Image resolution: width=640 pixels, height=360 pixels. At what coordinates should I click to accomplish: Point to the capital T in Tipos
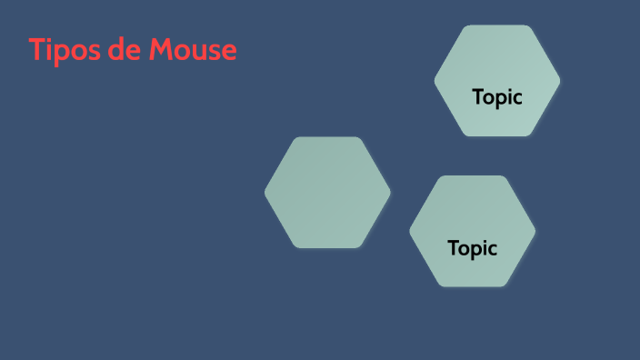(36, 50)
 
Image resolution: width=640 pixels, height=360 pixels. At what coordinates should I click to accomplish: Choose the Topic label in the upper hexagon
(497, 97)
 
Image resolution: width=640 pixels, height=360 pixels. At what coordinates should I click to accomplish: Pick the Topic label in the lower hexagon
(473, 247)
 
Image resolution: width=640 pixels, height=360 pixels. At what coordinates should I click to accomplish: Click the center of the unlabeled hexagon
(327, 192)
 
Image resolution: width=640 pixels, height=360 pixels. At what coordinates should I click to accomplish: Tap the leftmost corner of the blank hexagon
(266, 192)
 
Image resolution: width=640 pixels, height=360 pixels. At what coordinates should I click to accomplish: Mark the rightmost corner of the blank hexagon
(389, 192)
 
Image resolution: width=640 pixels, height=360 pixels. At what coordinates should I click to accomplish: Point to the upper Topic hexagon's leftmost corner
(436, 81)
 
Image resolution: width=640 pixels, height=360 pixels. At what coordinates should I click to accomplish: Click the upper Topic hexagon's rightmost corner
(559, 81)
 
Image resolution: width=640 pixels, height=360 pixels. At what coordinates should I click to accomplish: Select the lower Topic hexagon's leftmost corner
(411, 231)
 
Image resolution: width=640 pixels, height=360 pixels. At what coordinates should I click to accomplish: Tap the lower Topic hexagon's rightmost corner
(535, 231)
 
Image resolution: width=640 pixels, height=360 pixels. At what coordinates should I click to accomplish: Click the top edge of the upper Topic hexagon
(497, 26)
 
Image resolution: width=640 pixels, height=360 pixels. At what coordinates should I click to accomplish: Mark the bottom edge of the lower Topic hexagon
(473, 285)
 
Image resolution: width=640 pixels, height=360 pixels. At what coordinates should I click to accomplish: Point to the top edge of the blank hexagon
(327, 138)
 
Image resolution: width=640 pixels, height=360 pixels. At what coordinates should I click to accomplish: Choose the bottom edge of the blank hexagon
(327, 246)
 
